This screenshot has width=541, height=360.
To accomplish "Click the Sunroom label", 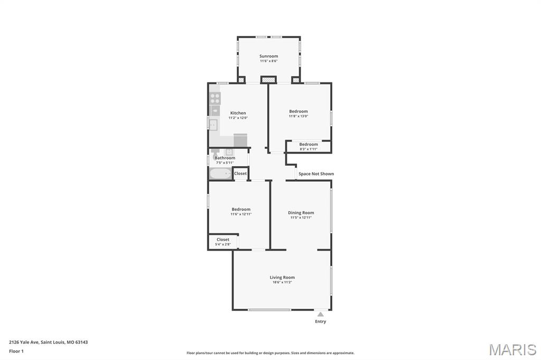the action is [268, 56].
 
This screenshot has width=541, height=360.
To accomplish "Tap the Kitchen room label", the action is [238, 113].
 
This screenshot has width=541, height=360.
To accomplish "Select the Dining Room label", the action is [301, 213].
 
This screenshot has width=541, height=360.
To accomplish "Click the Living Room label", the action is [282, 277].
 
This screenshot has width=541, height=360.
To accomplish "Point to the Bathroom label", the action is [225, 158].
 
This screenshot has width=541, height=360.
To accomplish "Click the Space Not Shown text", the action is [316, 174].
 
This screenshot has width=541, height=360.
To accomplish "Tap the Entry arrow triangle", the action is [321, 314].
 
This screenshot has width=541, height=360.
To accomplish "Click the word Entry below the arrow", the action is [321, 321].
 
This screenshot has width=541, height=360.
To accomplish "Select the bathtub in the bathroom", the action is [220, 174].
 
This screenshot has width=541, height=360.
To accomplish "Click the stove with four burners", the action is [215, 98].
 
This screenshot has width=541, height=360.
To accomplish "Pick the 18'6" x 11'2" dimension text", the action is [282, 282].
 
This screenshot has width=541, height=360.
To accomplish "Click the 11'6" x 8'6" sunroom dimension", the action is [269, 61].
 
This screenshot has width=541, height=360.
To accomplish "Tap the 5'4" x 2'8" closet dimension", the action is [223, 244].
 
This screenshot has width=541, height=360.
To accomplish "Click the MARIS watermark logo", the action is [512, 349].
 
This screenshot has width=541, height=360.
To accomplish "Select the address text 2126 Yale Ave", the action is [24, 343].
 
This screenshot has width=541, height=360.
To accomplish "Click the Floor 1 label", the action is [16, 352].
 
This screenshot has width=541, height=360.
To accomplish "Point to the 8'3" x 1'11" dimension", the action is [309, 149].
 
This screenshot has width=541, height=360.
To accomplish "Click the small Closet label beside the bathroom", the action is [240, 174].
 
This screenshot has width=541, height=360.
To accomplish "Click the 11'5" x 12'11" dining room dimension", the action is [301, 217].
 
